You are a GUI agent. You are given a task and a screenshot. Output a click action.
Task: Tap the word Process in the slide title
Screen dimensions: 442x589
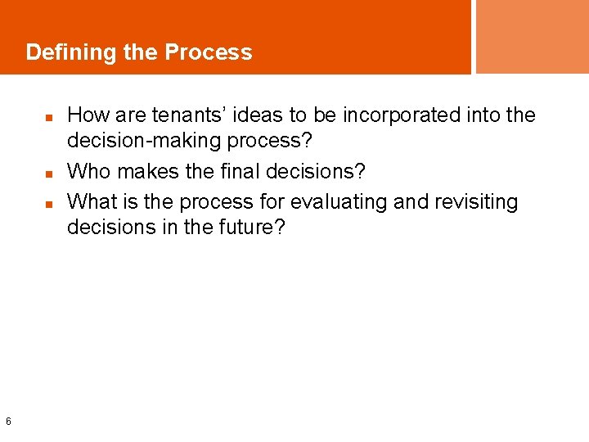pos(209,53)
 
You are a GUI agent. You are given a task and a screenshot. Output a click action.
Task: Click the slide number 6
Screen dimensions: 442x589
pos(8,422)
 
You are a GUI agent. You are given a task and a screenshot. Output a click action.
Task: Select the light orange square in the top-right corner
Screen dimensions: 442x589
pos(532,36)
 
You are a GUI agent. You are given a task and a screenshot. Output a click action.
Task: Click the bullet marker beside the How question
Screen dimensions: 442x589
pos(49,118)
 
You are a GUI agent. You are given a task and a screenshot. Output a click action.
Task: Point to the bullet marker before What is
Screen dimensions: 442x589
pos(49,202)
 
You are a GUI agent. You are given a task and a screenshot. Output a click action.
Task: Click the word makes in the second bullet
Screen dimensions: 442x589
pos(144,171)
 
